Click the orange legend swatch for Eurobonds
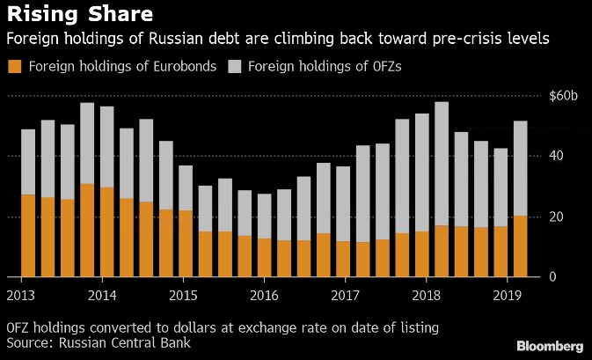point(14,66)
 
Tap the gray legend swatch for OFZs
point(235,66)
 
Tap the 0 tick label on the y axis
point(552,278)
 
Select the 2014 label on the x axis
point(102,294)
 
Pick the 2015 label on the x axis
point(182,294)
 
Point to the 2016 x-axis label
point(262,294)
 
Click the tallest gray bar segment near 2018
point(442,164)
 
